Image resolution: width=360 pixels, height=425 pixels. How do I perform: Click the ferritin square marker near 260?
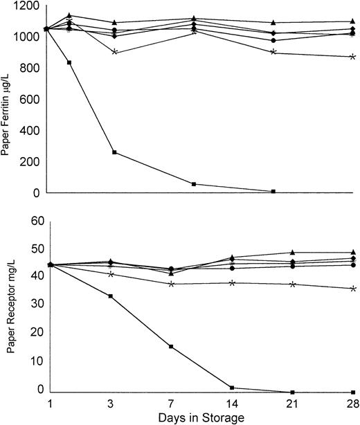tap(114, 152)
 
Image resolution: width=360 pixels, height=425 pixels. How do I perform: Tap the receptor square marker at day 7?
tap(171, 346)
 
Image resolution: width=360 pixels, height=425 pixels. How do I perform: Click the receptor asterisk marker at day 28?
tap(353, 288)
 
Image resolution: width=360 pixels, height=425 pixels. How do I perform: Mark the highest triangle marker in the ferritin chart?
tap(69, 15)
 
